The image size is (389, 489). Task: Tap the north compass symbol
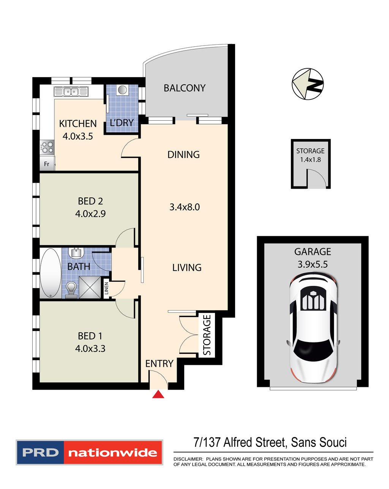tap(307, 84)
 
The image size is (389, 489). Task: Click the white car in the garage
tap(313, 329)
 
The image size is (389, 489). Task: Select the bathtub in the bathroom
tap(50, 273)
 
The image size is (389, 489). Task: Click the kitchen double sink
tap(71, 91)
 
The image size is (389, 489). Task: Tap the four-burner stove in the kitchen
tap(47, 147)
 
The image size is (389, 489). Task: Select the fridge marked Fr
tap(47, 164)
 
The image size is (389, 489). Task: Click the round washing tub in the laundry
tap(122, 90)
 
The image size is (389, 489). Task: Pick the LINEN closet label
tap(106, 289)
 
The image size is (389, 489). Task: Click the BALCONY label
tap(184, 88)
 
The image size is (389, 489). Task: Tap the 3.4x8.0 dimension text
tap(184, 207)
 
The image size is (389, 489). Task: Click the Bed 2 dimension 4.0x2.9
tap(90, 214)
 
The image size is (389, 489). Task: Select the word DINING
tap(183, 155)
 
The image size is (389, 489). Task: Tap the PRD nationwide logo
tap(90, 452)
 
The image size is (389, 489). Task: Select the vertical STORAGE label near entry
tap(207, 335)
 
